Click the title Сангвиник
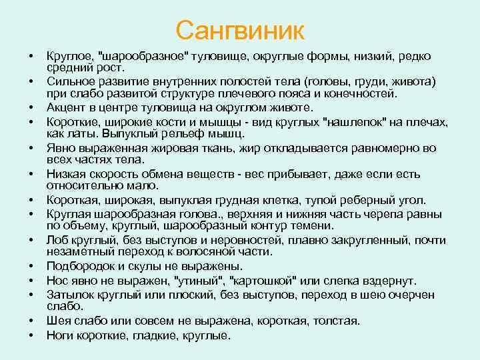[x=240, y=30]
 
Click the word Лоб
[x=57, y=240]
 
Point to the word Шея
[x=58, y=321]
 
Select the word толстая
[x=336, y=321]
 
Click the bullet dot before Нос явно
[x=31, y=281]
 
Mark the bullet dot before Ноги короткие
[x=31, y=335]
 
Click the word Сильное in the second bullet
[x=70, y=81]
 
